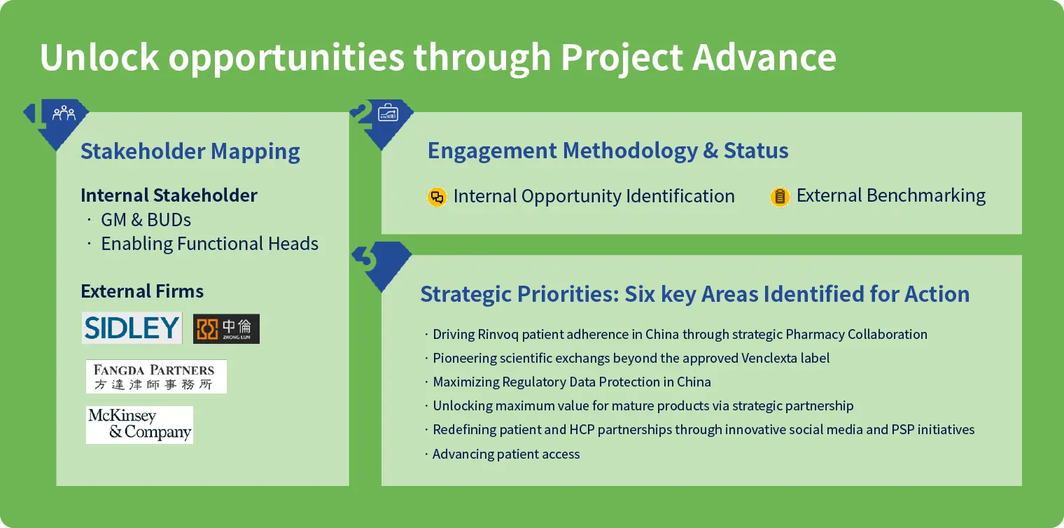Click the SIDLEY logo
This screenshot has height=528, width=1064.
[132, 328]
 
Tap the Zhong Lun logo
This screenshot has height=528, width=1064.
[226, 328]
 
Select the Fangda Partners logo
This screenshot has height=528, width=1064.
[156, 377]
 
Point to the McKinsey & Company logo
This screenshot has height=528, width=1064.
[140, 425]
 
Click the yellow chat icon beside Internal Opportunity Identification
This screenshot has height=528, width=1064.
[437, 197]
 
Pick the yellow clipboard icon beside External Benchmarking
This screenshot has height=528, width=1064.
[780, 196]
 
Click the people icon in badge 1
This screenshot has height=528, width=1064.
[64, 113]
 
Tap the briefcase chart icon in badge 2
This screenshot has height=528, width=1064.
[388, 113]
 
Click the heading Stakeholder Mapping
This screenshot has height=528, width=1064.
[190, 151]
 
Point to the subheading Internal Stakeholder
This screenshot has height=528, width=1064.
[169, 195]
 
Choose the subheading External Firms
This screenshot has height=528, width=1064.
[142, 291]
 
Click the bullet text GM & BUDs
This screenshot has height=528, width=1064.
[146, 220]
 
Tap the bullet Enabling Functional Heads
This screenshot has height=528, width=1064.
[209, 244]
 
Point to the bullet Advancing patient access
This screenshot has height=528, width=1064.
[506, 454]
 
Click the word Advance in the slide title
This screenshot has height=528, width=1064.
[764, 57]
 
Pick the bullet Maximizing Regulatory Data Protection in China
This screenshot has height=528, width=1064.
[572, 382]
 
